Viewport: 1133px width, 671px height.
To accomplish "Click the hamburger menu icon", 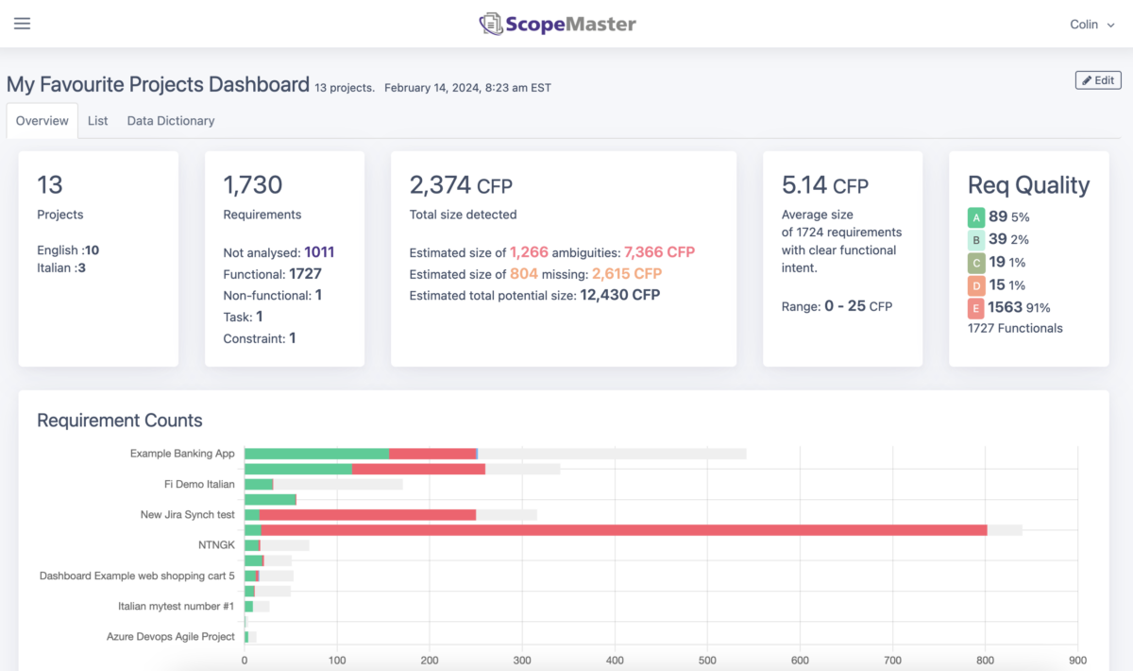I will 22,24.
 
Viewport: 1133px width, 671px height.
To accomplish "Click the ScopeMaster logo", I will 557,24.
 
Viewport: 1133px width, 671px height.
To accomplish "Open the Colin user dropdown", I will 1091,25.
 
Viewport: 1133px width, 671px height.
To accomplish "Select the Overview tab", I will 42,121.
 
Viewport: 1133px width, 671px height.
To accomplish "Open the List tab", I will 97,121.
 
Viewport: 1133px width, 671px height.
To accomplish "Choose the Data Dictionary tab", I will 171,121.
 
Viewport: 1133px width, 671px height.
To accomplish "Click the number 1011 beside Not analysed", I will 319,252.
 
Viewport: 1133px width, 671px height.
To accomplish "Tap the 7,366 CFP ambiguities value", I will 659,252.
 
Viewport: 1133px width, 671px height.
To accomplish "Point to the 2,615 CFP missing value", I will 627,274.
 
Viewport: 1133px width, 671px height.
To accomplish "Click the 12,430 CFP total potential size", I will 619,295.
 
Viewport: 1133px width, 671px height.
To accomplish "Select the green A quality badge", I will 976,217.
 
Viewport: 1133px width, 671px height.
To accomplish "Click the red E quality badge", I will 976,308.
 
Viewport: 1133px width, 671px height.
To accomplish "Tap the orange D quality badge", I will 976,285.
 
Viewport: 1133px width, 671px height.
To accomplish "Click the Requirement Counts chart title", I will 120,421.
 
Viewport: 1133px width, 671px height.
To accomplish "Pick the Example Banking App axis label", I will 182,454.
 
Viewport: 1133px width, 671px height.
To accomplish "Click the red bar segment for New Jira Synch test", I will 367,515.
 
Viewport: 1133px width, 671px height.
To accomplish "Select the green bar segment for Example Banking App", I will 316,454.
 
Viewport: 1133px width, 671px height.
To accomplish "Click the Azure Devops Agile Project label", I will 171,637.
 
